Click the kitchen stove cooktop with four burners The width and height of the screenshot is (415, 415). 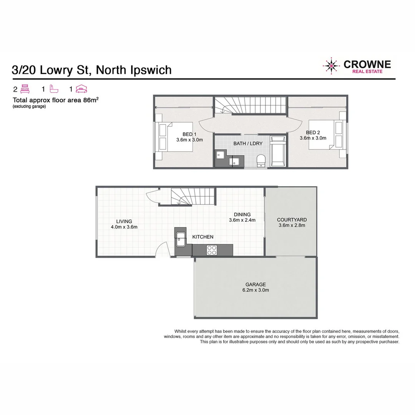212,250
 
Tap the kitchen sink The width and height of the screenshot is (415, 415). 180,240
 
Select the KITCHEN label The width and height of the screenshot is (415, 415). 203,237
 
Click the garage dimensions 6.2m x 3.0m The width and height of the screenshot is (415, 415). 256,290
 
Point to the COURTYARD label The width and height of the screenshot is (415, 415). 292,220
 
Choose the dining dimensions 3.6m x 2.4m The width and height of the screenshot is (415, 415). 242,220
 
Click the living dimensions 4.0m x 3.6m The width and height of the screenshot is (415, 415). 124,227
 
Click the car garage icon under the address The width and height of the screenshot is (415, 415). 81,90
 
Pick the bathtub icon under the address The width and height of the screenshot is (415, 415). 54,90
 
